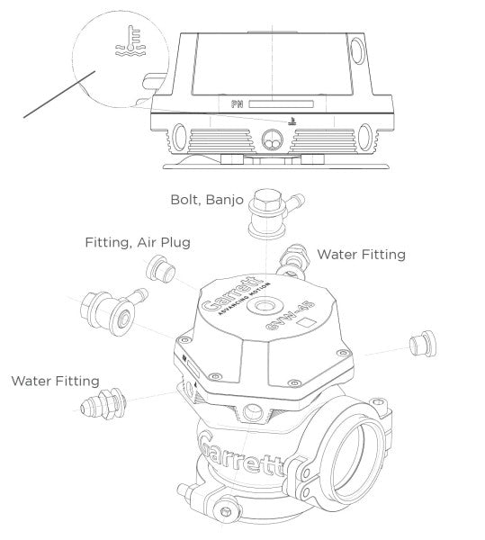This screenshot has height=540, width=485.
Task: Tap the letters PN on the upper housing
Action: pyautogui.click(x=238, y=104)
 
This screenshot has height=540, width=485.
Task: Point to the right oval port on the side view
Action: pyautogui.click(x=364, y=137)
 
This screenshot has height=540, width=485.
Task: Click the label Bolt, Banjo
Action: pyautogui.click(x=207, y=199)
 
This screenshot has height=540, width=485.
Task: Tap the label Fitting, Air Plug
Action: pyautogui.click(x=138, y=243)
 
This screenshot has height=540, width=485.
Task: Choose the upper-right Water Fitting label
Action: pyautogui.click(x=362, y=255)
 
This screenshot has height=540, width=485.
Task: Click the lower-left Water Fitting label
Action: pyautogui.click(x=55, y=381)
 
